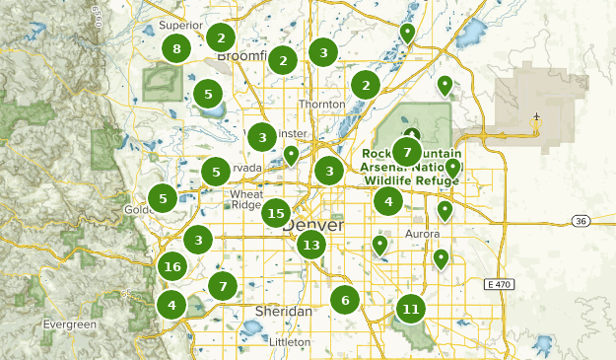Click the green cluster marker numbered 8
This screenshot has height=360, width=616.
176,48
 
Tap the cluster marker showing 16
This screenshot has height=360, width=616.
173,266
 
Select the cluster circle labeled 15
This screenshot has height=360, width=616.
276,213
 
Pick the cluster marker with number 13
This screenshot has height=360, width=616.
311,245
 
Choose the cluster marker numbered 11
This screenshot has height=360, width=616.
411,309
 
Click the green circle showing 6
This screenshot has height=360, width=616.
345,300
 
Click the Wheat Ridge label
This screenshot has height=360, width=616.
245,199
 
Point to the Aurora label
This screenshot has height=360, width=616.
422,234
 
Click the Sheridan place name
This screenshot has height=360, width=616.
283,311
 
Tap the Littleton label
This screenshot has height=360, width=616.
290,341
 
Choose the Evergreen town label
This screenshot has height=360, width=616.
70,324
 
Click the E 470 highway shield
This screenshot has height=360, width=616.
501,284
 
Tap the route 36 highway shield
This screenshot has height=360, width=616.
582,221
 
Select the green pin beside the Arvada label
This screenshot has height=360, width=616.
291,155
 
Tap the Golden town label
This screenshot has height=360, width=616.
138,210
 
